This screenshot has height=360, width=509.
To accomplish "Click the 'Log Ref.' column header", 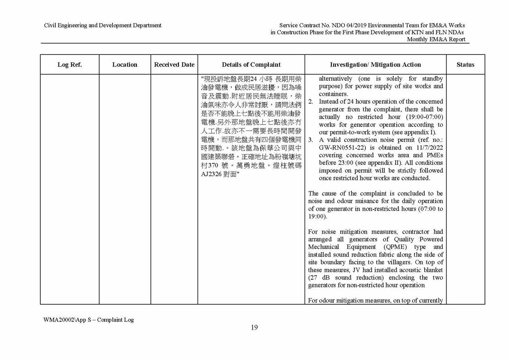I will point(69,65).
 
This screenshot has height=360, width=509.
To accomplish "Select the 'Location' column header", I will point(125,65).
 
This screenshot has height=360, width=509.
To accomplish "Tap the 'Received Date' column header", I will point(174,65).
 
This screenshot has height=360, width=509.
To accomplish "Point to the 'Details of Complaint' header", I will point(251,65).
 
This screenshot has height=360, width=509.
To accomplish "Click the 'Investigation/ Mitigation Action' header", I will point(375,65).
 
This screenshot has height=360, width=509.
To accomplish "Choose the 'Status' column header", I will point(465,65).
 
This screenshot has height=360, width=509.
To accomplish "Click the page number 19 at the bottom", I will point(254,328).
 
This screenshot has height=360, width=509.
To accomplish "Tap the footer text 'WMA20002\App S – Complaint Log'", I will point(89,320).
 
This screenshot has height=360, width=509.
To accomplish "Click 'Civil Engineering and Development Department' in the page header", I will point(102,25).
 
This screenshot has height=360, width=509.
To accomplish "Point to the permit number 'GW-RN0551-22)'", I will point(340,148).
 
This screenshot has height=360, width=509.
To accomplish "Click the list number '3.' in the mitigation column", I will point(311,140).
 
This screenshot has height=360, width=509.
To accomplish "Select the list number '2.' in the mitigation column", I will point(311,102).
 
